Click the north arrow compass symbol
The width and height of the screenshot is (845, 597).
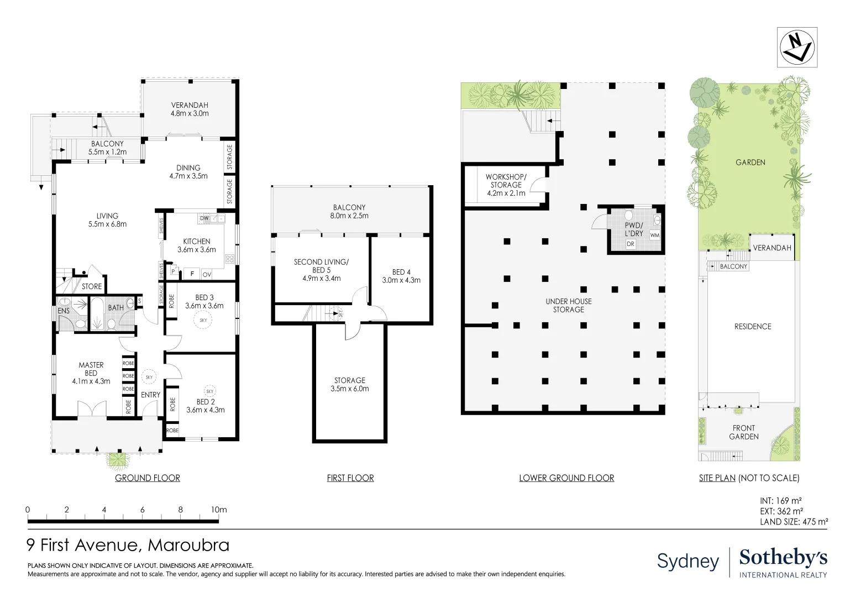tap(797, 48)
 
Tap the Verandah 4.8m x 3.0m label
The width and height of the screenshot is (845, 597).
tap(190, 109)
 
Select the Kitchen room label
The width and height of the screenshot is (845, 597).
tap(197, 245)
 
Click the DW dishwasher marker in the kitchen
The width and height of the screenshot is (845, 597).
tap(204, 218)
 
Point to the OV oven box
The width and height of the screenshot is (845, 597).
tap(207, 274)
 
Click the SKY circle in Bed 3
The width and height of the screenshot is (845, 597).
tap(203, 320)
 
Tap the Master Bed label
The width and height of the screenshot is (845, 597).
tap(91, 373)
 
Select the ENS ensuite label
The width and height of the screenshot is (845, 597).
tap(64, 311)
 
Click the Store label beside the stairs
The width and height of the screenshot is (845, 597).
tap(92, 286)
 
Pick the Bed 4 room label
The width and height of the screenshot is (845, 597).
tap(401, 276)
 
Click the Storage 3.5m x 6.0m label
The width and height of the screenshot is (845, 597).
tap(350, 384)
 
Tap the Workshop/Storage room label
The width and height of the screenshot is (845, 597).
tap(506, 185)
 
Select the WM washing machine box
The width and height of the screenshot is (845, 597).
tap(654, 235)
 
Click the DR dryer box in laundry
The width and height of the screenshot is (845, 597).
tap(631, 244)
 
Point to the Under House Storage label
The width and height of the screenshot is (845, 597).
tap(568, 305)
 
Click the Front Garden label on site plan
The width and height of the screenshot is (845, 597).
tap(743, 432)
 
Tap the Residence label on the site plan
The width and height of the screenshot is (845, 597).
tap(752, 327)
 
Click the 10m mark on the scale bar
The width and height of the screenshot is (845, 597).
tap(219, 510)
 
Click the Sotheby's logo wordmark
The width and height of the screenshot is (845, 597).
tap(783, 558)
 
